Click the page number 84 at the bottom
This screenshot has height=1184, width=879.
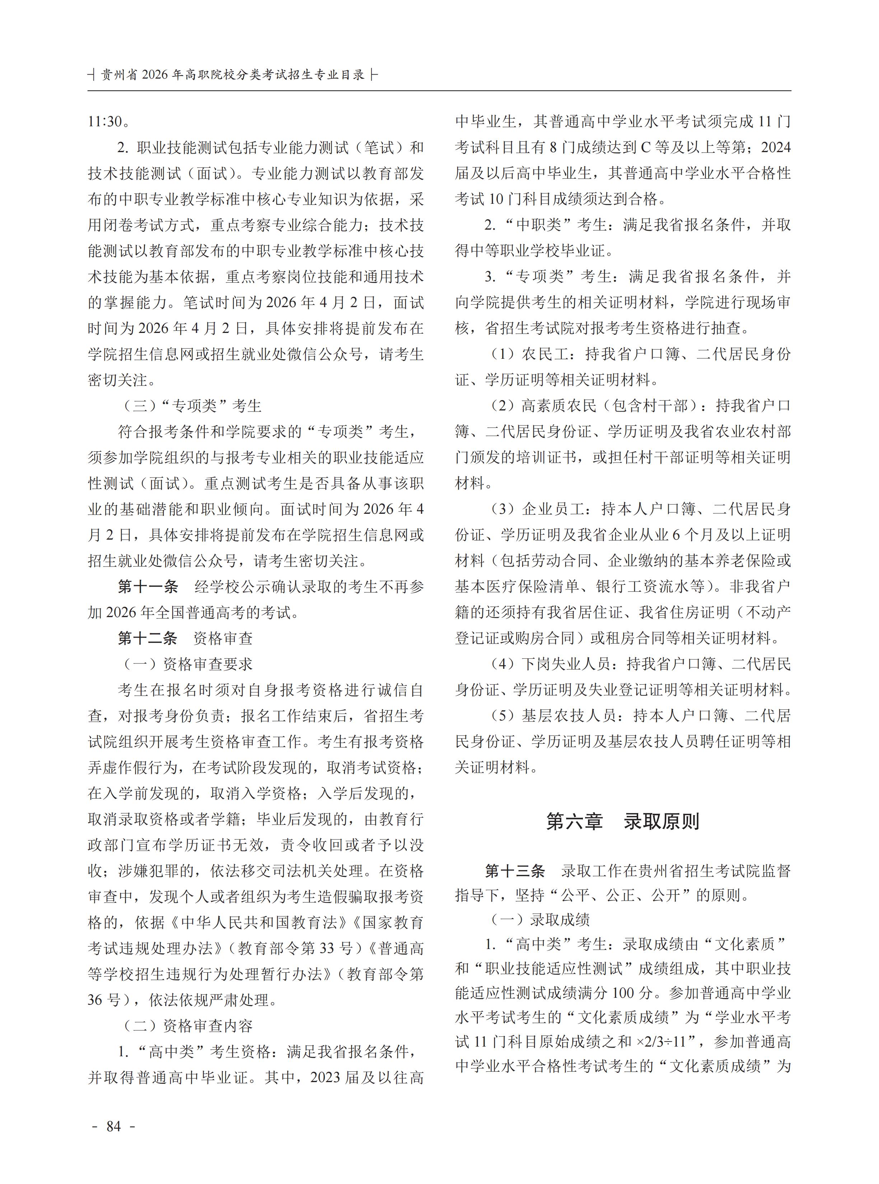click(114, 1126)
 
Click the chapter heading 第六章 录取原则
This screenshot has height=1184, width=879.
click(622, 822)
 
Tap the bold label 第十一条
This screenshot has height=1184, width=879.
click(148, 587)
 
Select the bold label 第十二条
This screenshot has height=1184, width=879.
click(148, 638)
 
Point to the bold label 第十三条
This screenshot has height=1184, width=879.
click(515, 871)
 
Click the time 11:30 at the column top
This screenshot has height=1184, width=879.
click(106, 122)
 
